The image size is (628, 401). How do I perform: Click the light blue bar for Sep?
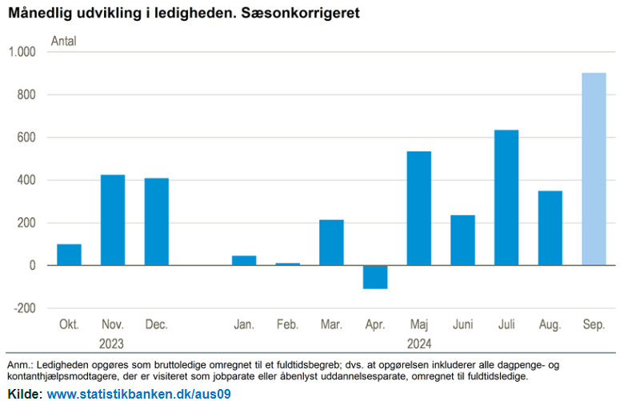coord(594,169)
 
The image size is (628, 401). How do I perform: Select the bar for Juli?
coord(506,197)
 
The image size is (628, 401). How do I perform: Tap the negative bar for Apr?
coord(375,276)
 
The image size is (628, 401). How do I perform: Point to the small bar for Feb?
coord(288,264)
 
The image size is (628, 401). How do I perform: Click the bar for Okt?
coord(69,254)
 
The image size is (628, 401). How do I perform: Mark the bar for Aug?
coord(550,228)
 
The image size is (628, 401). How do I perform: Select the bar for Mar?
coord(331,242)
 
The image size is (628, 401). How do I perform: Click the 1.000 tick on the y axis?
coord(22,52)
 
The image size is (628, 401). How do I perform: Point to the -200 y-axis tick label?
coord(25,308)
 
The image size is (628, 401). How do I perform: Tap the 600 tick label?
coord(28,137)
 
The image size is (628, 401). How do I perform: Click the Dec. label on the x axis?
coord(156,325)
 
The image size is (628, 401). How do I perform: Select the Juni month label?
coord(462,325)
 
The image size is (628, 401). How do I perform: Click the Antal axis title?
coord(63,41)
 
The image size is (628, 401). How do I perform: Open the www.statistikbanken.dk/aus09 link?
coord(139,394)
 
